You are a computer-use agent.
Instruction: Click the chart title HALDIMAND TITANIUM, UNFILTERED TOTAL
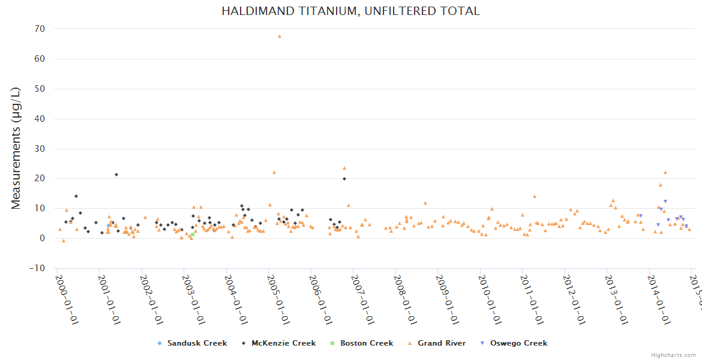350,11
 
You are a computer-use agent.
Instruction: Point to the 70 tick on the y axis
40,29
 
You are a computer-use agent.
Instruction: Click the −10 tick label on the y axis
37,268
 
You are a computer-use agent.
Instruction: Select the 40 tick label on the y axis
40,119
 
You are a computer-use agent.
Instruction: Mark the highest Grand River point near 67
280,36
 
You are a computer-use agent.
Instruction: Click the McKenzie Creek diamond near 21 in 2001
116,175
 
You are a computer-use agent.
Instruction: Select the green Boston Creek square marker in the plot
192,235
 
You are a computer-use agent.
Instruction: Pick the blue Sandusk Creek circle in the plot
109,226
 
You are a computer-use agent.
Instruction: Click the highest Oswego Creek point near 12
665,202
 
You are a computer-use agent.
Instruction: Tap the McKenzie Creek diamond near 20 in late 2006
344,179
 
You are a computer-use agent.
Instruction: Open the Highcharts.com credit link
673,355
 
